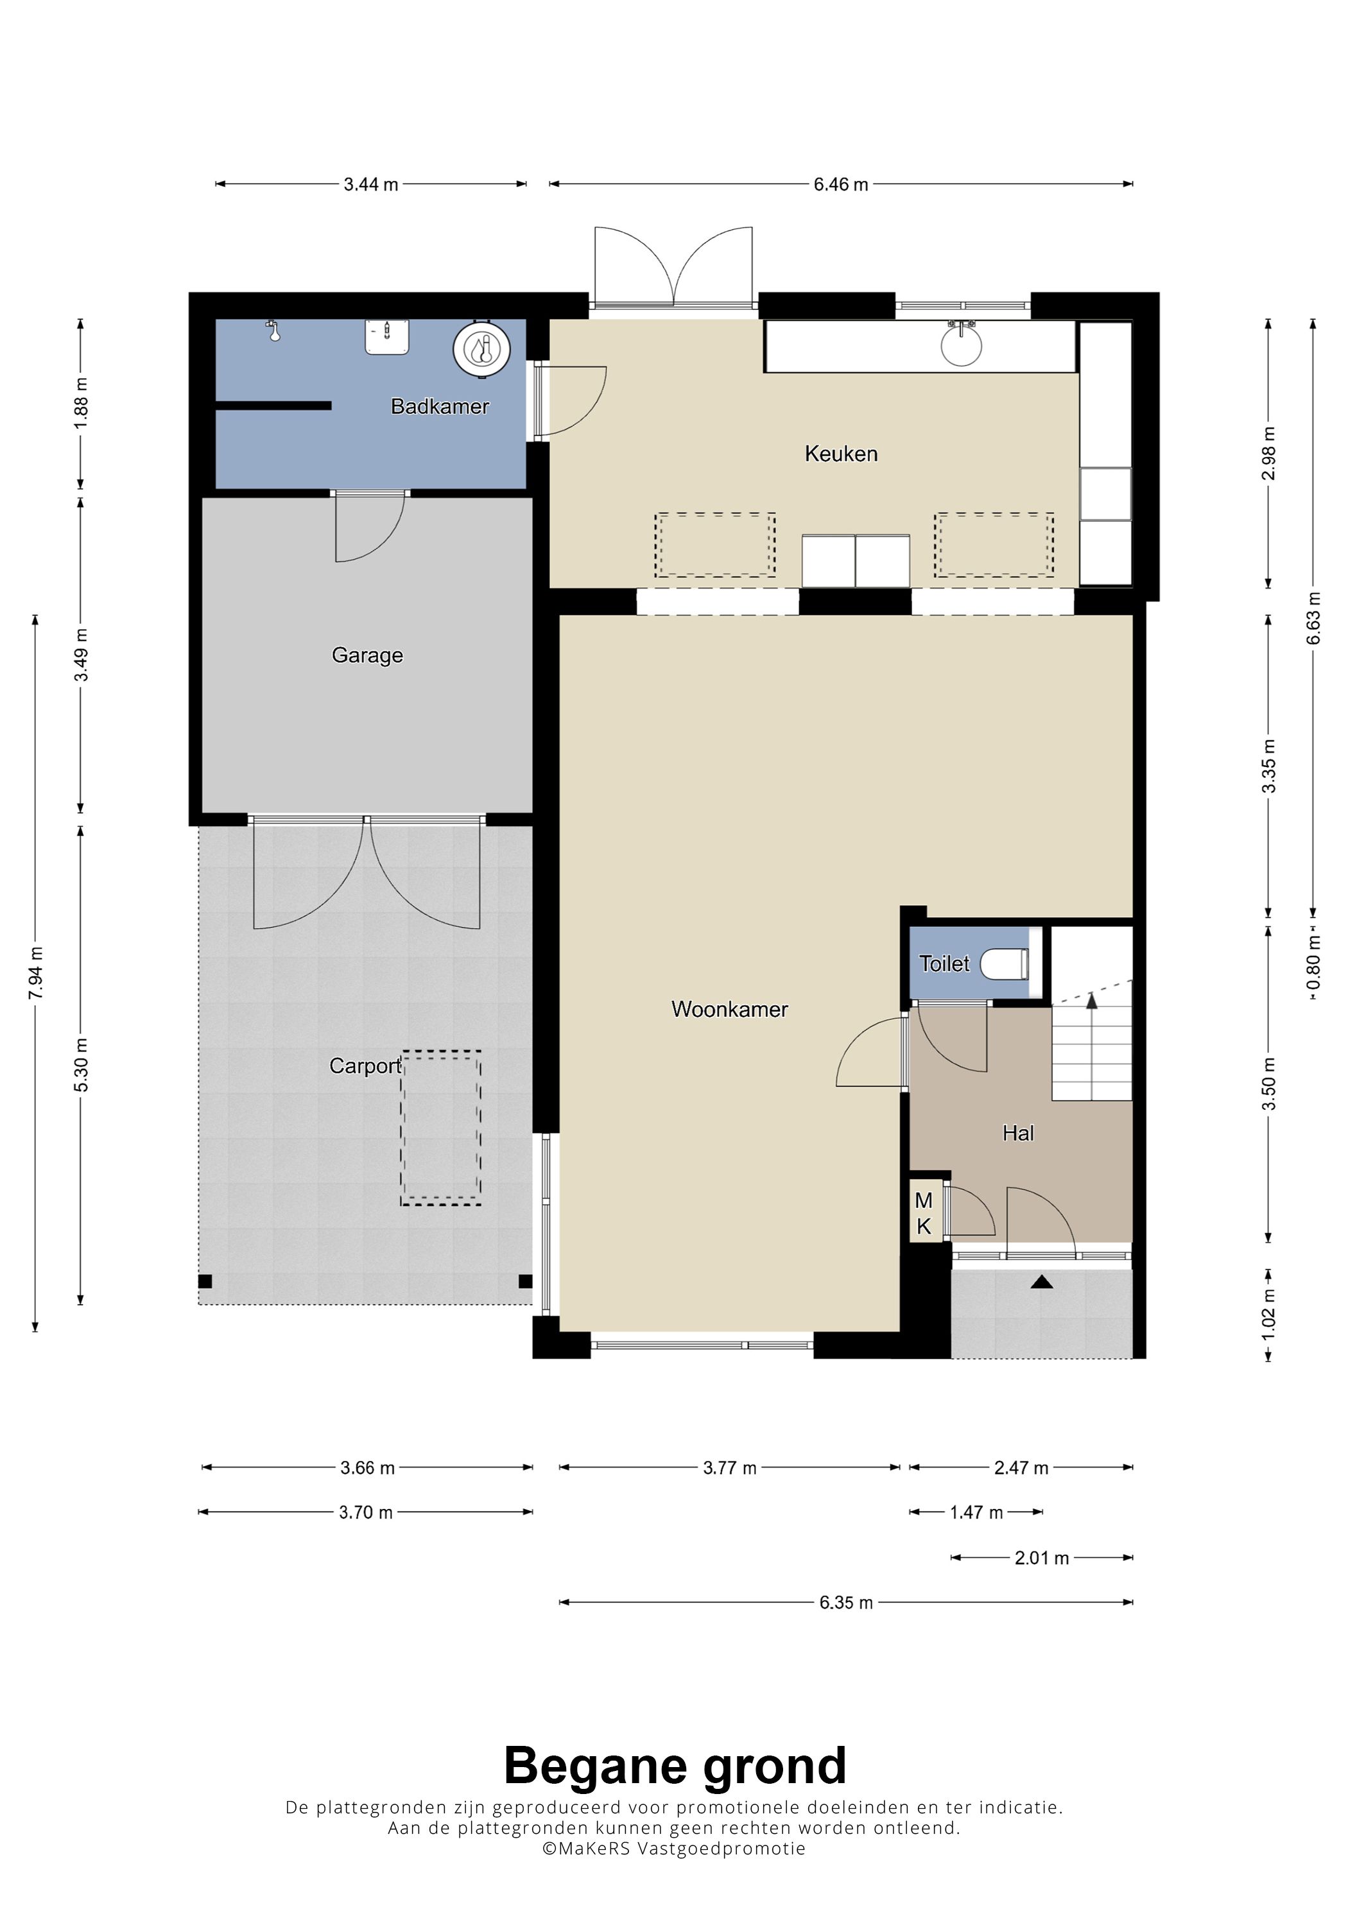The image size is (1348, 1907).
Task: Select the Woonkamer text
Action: pyautogui.click(x=729, y=1009)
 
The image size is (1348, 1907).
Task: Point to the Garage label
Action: pyautogui.click(x=367, y=655)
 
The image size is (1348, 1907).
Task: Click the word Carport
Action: pyautogui.click(x=365, y=1066)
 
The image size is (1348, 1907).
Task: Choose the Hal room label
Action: pyautogui.click(x=1018, y=1133)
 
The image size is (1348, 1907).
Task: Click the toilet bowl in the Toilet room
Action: pyautogui.click(x=1005, y=964)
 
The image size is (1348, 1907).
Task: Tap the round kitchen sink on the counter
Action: pyautogui.click(x=962, y=345)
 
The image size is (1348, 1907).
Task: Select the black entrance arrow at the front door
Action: pyautogui.click(x=1042, y=1282)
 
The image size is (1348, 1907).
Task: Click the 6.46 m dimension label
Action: pyautogui.click(x=840, y=184)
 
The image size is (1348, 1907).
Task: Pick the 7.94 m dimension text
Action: pyautogui.click(x=36, y=974)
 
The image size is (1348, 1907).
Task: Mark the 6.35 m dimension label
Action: pyautogui.click(x=845, y=1603)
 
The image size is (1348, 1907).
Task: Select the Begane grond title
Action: pyautogui.click(x=675, y=1766)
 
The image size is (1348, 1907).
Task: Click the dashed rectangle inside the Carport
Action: pyautogui.click(x=440, y=1128)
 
